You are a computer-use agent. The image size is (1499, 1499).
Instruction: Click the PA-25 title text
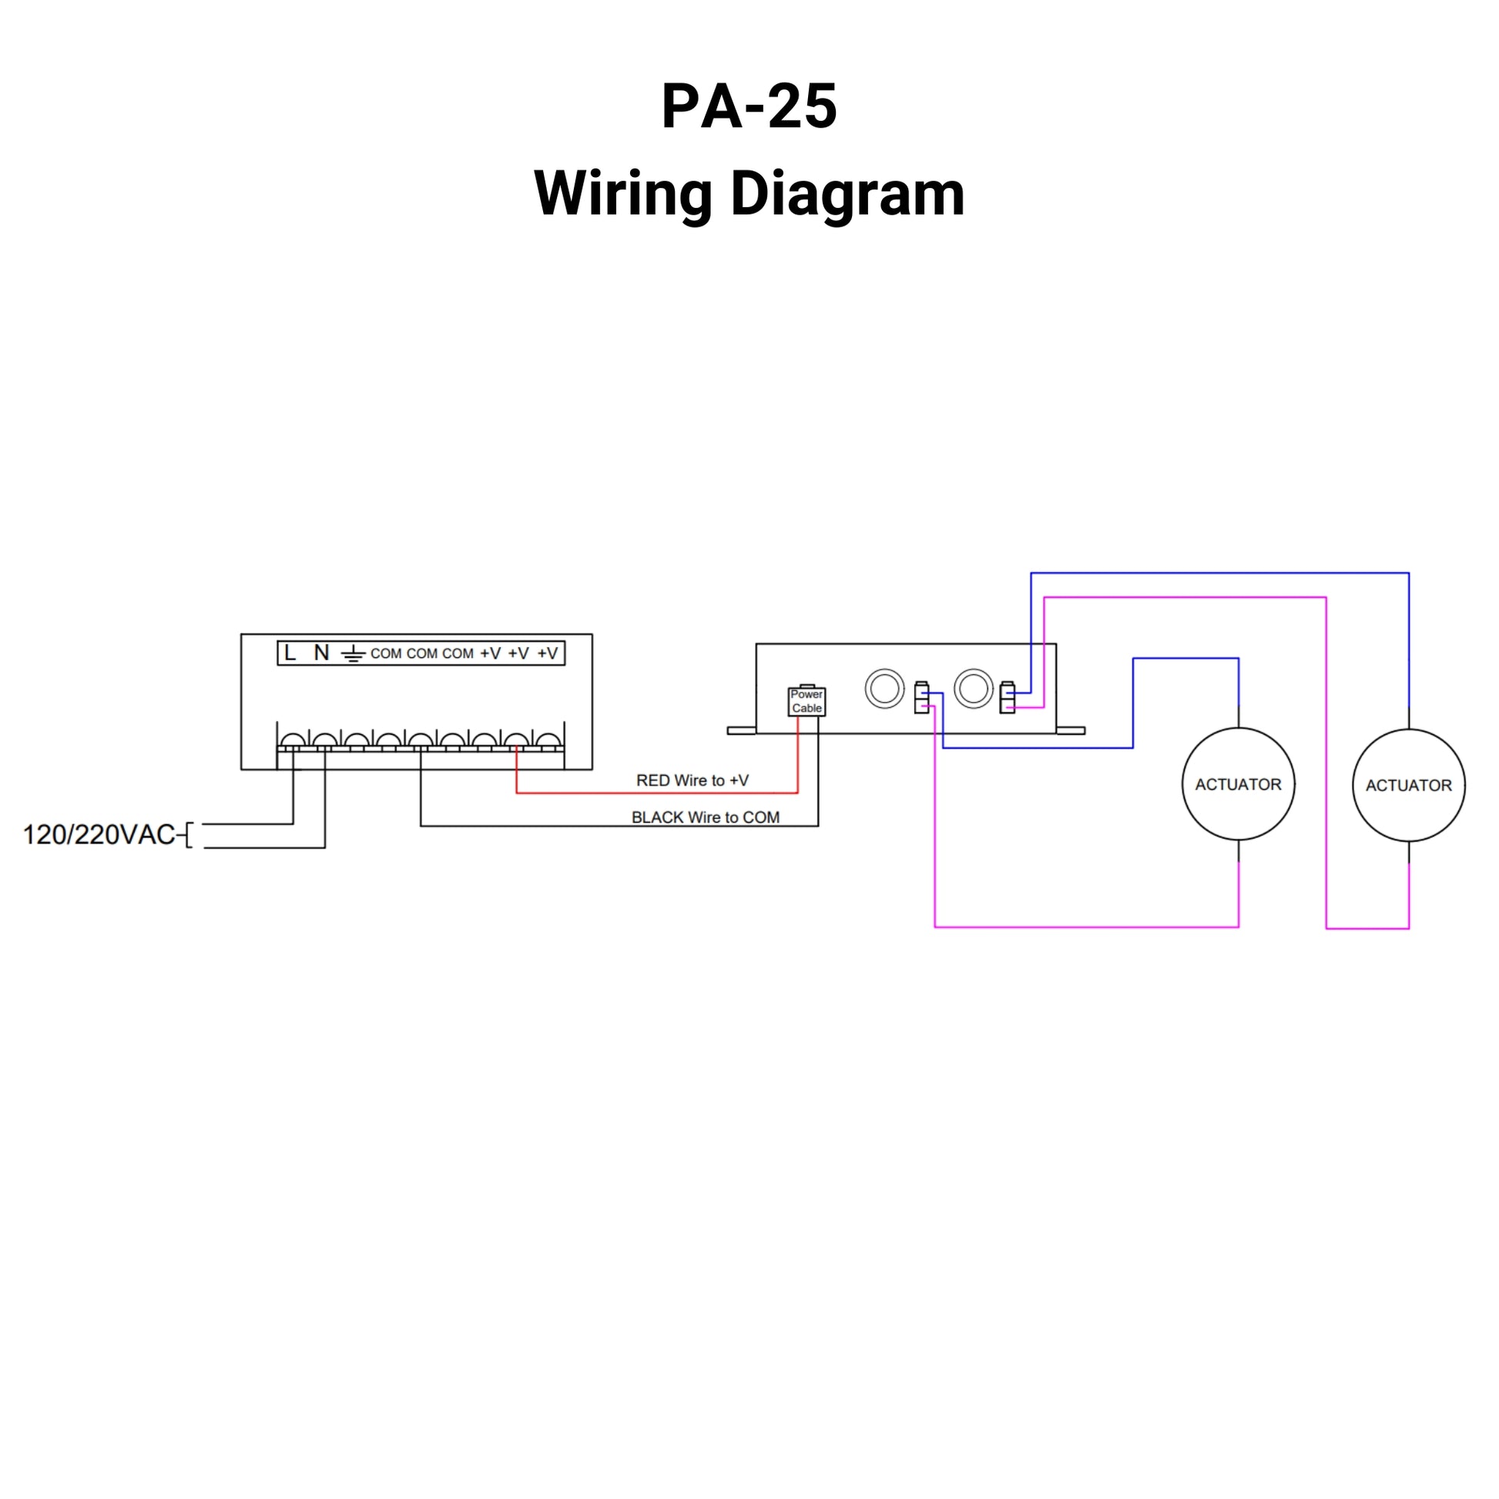[749, 106]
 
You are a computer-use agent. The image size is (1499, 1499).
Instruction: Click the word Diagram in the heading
[847, 193]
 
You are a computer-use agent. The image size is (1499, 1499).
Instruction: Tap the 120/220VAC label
[99, 835]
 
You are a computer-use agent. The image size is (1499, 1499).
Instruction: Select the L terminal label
[290, 653]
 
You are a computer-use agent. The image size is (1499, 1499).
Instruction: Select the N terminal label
[321, 653]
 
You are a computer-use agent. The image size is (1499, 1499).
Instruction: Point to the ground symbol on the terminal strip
[353, 654]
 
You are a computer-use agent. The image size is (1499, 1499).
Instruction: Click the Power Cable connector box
[807, 702]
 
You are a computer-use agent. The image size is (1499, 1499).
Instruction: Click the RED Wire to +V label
[692, 780]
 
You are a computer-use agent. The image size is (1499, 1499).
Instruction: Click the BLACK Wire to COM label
[706, 817]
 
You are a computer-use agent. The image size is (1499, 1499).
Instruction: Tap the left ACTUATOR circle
[1239, 784]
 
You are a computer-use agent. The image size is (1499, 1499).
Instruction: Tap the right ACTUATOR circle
[1408, 785]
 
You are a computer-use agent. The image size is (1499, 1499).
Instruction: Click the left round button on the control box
[884, 688]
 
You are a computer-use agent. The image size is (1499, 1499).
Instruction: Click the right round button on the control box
[973, 688]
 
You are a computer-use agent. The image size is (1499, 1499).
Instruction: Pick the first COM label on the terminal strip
[386, 654]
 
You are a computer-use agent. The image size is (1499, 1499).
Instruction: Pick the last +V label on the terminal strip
[548, 654]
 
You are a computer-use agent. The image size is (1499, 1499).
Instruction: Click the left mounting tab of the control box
[741, 731]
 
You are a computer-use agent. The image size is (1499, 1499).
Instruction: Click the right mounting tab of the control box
[1071, 731]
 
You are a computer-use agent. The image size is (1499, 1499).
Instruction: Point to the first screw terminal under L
[293, 741]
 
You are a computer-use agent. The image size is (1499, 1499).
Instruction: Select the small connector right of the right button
[1006, 698]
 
